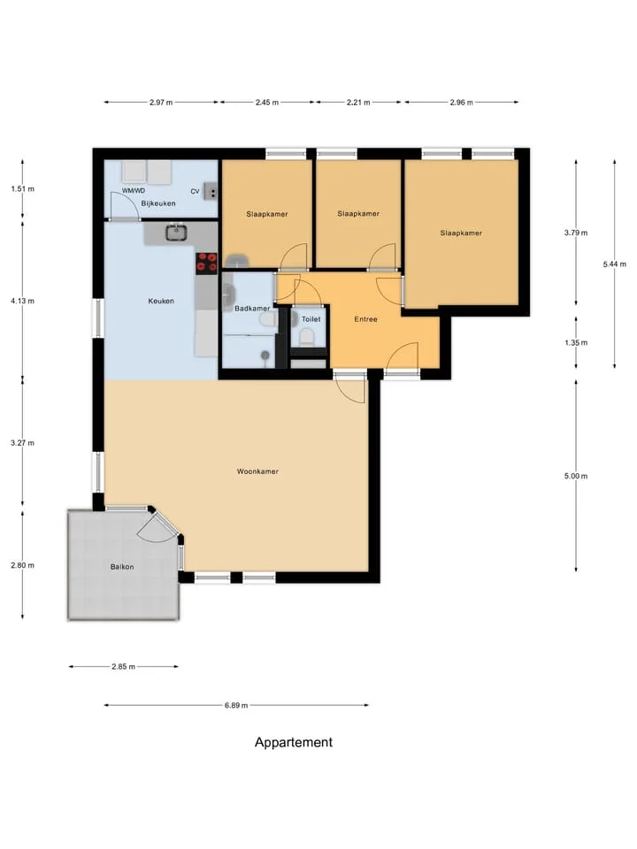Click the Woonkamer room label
257,471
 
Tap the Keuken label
161,301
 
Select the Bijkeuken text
158,203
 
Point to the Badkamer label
252,309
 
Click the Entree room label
365,319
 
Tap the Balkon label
122,567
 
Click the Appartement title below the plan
294,742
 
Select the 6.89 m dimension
236,706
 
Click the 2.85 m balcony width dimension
124,667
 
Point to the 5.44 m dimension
614,264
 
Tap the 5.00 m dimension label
576,477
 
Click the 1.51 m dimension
22,189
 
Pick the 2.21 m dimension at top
358,103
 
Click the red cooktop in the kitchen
206,262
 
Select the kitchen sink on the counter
175,233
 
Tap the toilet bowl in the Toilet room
307,337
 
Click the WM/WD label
134,191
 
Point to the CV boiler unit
211,191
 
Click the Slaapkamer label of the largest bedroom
461,233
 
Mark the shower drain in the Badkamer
265,356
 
